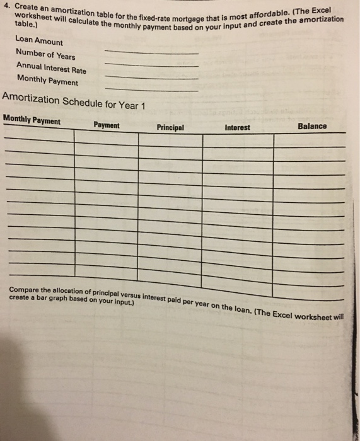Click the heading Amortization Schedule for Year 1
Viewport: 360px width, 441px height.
pyautogui.click(x=74, y=103)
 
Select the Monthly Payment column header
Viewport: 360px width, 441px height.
pyautogui.click(x=32, y=121)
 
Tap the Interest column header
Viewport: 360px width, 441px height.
pyautogui.click(x=237, y=127)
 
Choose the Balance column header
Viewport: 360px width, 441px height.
pyautogui.click(x=312, y=126)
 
